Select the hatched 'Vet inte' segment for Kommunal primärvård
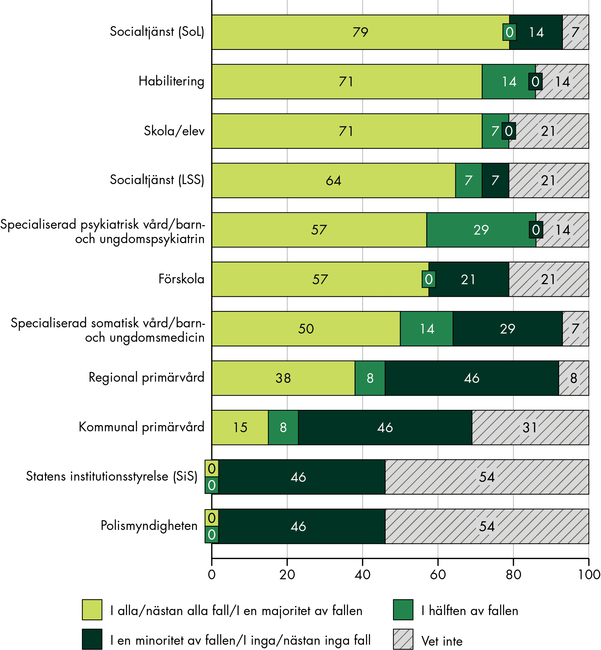pyautogui.click(x=530, y=427)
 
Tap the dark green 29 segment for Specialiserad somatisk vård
pyautogui.click(x=507, y=329)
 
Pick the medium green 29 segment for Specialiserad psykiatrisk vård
pyautogui.click(x=481, y=230)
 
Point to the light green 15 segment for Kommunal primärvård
pyautogui.click(x=240, y=427)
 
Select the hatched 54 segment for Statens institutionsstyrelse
pyautogui.click(x=487, y=477)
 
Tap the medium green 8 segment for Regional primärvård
pyautogui.click(x=370, y=378)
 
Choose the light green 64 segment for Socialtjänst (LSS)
pyautogui.click(x=333, y=180)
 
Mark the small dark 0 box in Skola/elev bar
pyautogui.click(x=509, y=131)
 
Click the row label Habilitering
pyautogui.click(x=171, y=81)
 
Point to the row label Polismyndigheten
pyautogui.click(x=149, y=526)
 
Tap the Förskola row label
pyautogui.click(x=181, y=279)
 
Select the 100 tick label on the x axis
pyautogui.click(x=589, y=575)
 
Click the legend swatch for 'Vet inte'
pyautogui.click(x=403, y=639)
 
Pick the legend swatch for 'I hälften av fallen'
pyautogui.click(x=403, y=610)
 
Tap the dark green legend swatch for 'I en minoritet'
pyautogui.click(x=92, y=639)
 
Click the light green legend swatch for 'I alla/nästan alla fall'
pyautogui.click(x=92, y=610)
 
